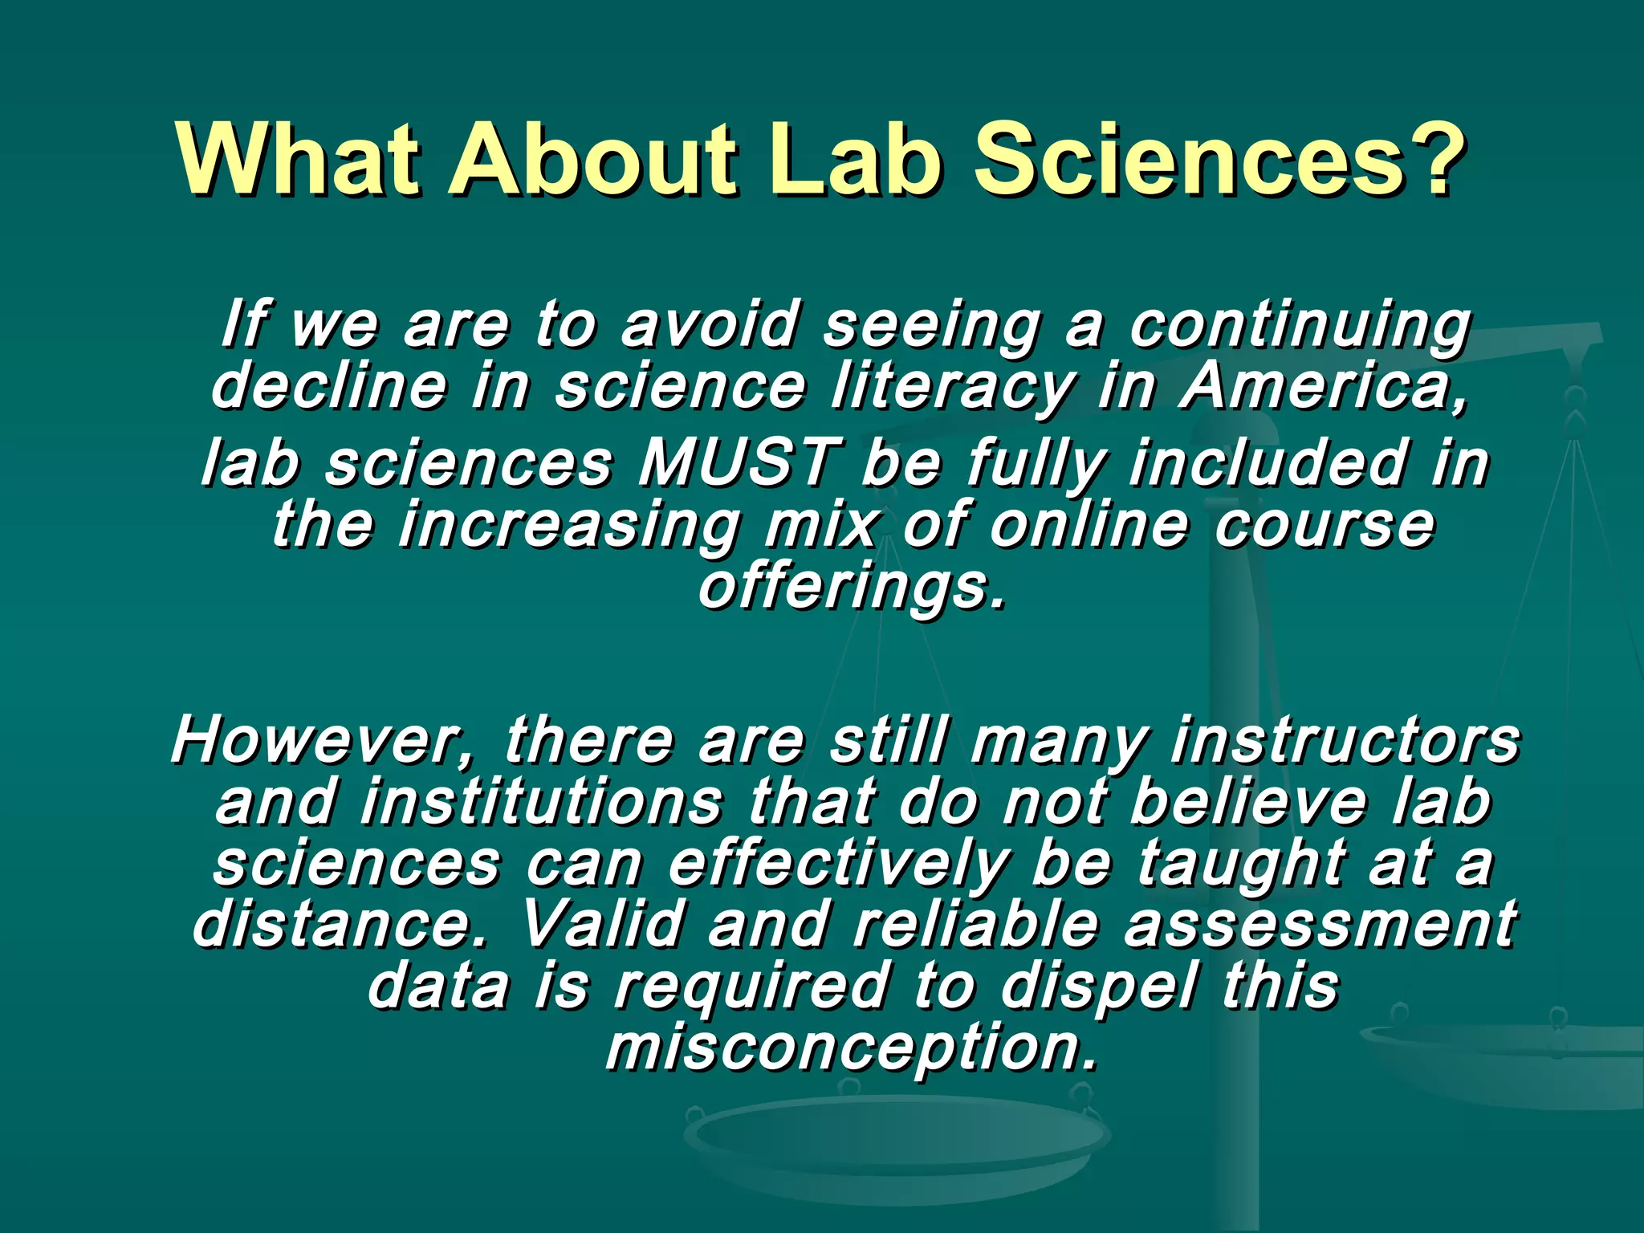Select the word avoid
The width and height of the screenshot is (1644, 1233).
click(x=710, y=325)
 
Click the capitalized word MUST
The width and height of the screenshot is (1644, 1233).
click(x=739, y=463)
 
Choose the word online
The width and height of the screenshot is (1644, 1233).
click(x=1089, y=525)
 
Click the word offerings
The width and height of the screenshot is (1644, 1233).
click(x=852, y=588)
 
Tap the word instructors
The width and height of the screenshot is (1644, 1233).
click(x=1345, y=740)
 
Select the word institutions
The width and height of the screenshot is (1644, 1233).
click(x=542, y=802)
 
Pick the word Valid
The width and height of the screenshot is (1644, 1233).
click(x=602, y=924)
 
